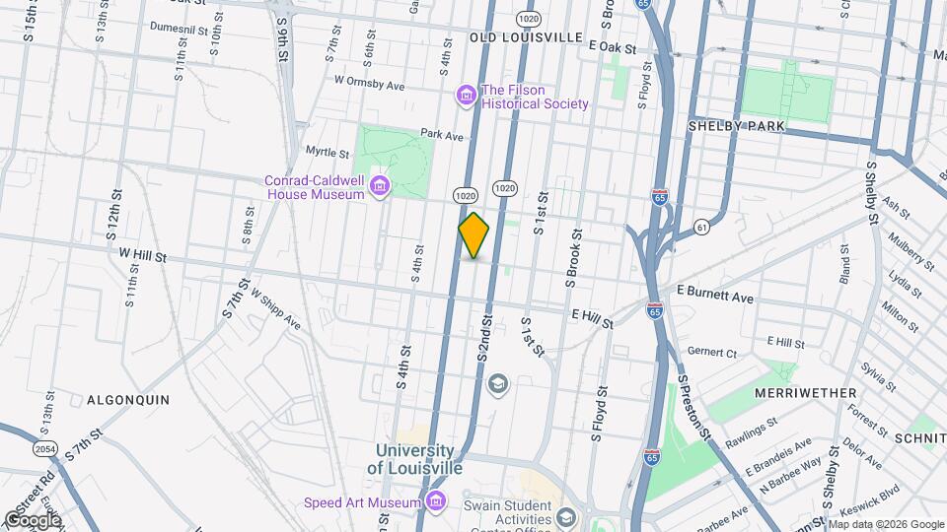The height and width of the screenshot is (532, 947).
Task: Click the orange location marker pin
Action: click(474, 235)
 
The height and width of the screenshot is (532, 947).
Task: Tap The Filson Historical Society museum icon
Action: click(466, 95)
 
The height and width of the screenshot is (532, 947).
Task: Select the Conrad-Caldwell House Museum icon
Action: click(378, 186)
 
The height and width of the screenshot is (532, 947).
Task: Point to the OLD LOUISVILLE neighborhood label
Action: click(526, 36)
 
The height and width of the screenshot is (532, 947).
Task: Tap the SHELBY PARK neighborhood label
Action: click(736, 126)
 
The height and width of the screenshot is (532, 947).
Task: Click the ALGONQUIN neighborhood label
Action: click(128, 400)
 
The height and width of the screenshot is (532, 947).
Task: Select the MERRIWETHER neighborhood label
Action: click(806, 393)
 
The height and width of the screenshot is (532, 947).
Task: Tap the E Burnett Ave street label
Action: click(715, 296)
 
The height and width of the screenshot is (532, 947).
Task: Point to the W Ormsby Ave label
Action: click(370, 84)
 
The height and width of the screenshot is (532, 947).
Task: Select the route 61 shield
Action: click(702, 226)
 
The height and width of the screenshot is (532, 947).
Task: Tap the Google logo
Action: click(33, 519)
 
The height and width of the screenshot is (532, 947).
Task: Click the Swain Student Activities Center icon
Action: click(566, 516)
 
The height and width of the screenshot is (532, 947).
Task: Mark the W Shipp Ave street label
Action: click(275, 308)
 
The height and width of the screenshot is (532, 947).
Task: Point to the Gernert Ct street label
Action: click(712, 352)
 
